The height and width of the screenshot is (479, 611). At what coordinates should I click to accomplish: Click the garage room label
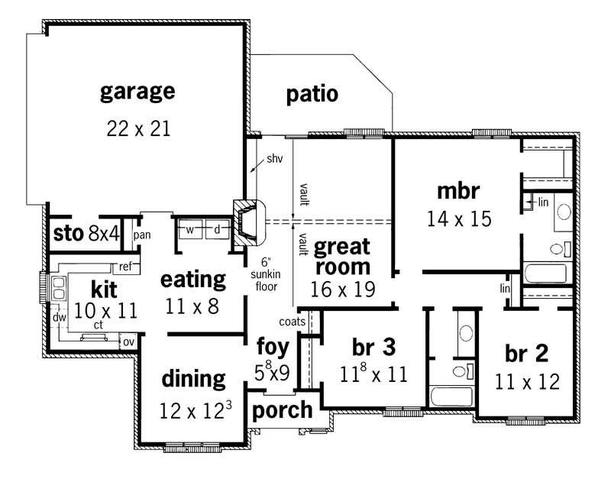137,92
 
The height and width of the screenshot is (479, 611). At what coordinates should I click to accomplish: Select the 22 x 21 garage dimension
137,128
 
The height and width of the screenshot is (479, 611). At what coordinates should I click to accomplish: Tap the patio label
312,95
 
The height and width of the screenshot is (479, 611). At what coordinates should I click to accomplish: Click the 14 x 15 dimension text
458,218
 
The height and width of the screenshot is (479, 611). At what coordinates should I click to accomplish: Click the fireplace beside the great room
248,223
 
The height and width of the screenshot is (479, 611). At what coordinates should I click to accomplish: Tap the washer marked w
191,228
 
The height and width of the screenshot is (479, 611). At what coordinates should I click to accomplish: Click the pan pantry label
142,235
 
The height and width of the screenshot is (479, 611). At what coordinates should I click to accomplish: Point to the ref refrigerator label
124,267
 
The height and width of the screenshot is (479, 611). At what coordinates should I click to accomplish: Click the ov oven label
128,341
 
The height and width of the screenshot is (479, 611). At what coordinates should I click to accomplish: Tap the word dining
194,379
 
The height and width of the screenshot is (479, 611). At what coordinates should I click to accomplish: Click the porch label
283,409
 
